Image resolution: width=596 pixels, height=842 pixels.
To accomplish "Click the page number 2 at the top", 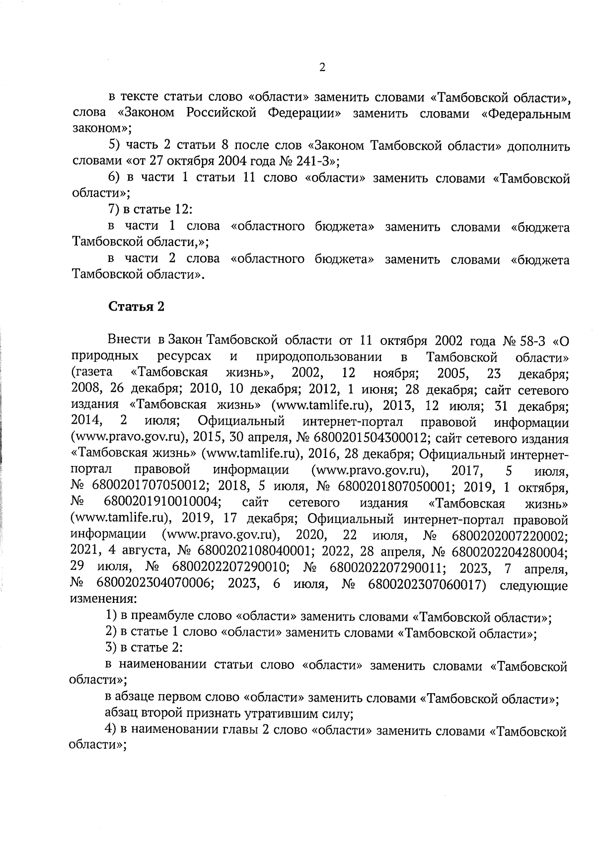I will (322, 68).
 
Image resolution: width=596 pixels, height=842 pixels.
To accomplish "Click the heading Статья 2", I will (136, 307).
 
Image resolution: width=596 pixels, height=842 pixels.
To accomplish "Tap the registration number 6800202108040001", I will (255, 551).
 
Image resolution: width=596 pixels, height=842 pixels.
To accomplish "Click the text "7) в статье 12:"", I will (147, 210).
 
